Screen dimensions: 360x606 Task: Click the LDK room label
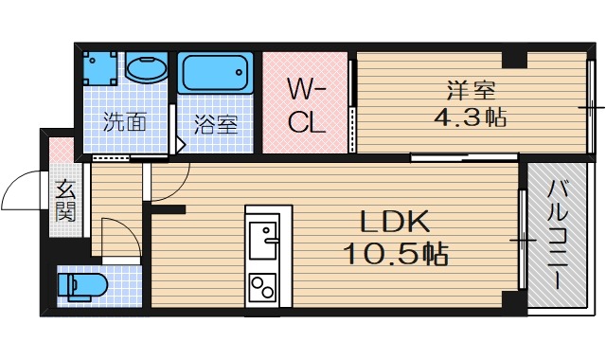point(395,222)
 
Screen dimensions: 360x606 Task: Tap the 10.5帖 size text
point(395,253)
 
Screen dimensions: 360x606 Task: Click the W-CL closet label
point(305,106)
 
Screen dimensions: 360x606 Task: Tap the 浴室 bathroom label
point(215,123)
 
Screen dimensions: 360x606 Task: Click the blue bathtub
point(215,74)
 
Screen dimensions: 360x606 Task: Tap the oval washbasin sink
point(145,70)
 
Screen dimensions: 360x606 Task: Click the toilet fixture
point(80,284)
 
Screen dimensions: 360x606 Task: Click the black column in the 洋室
point(514,60)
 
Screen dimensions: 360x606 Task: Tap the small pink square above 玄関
point(61,150)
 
